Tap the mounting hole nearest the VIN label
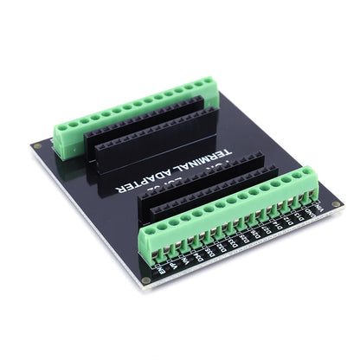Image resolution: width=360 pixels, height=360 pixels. click(336, 204)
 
